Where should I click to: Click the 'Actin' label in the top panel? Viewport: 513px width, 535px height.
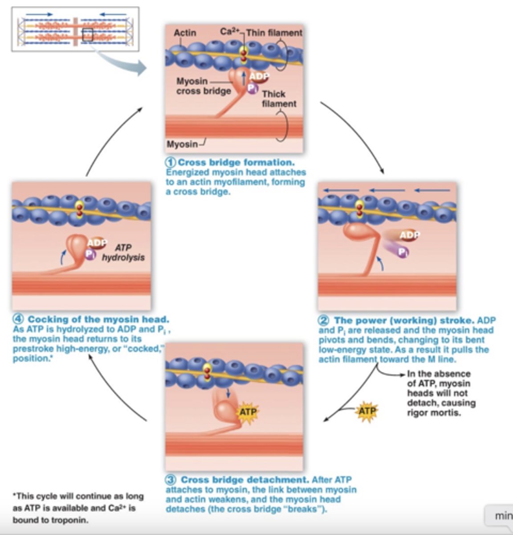[x=184, y=33]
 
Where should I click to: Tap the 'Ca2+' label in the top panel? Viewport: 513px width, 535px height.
[x=229, y=32]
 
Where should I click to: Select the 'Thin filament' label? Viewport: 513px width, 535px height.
[x=274, y=33]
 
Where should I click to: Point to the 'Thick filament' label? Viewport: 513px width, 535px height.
[x=278, y=99]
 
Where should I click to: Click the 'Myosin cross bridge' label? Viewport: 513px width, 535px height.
[x=203, y=86]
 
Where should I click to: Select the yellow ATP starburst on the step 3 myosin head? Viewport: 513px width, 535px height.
[x=248, y=411]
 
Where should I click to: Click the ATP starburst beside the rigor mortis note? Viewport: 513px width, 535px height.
[x=366, y=411]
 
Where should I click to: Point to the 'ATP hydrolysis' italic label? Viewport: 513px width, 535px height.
[x=123, y=252]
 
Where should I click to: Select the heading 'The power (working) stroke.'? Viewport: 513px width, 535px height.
[x=403, y=320]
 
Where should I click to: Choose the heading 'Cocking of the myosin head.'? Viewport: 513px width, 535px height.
[x=98, y=319]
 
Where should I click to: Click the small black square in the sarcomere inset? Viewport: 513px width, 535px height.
[x=87, y=35]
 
